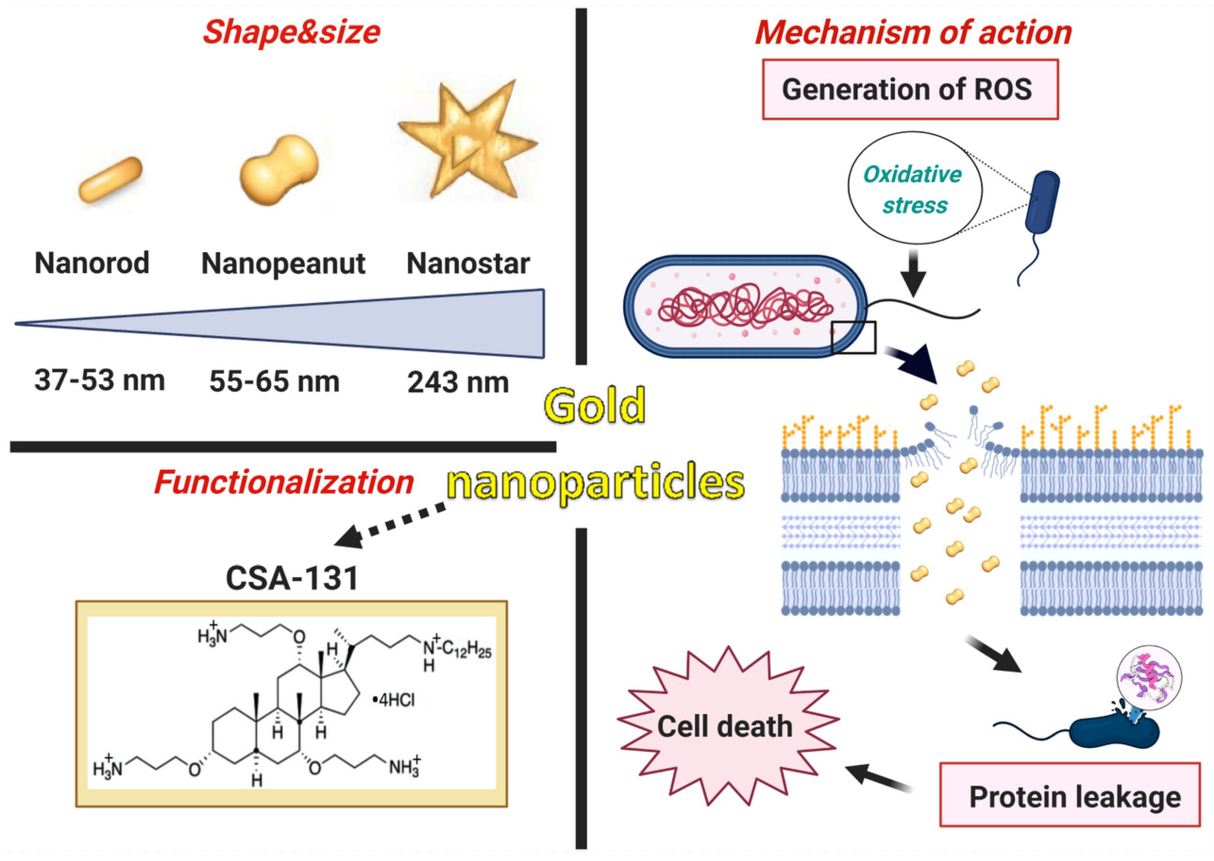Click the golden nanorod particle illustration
tap(110, 180)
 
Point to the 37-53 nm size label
tap(100, 380)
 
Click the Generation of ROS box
tap(910, 89)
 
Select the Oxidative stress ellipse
tap(914, 189)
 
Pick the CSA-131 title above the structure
tap(292, 578)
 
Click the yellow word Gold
tap(594, 405)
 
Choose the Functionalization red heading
tap(284, 482)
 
